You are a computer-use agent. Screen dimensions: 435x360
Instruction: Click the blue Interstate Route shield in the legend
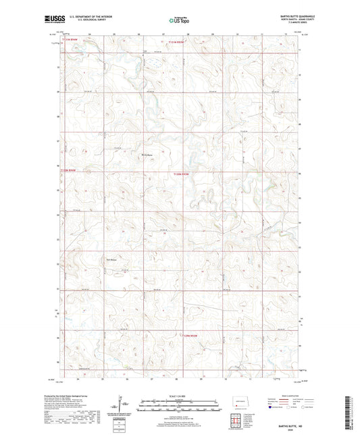[x=272, y=407]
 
